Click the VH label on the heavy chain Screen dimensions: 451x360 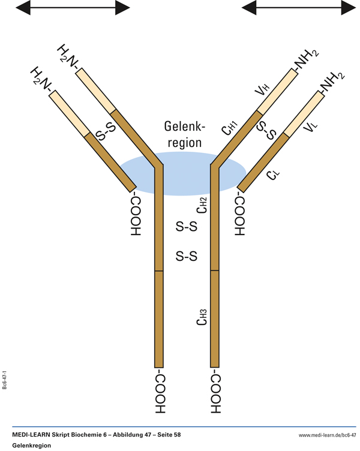click(x=262, y=91)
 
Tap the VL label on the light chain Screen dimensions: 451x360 click(x=310, y=127)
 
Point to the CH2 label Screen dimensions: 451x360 click(x=202, y=206)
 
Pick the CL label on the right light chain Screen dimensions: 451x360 click(x=273, y=173)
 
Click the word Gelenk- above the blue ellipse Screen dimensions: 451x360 click(x=185, y=127)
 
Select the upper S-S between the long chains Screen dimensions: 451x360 click(x=186, y=227)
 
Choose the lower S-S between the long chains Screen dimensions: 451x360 click(x=186, y=257)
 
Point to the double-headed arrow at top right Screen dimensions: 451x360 click(x=298, y=7)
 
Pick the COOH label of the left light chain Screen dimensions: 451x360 click(x=134, y=215)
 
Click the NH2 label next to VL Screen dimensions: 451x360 click(x=332, y=83)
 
